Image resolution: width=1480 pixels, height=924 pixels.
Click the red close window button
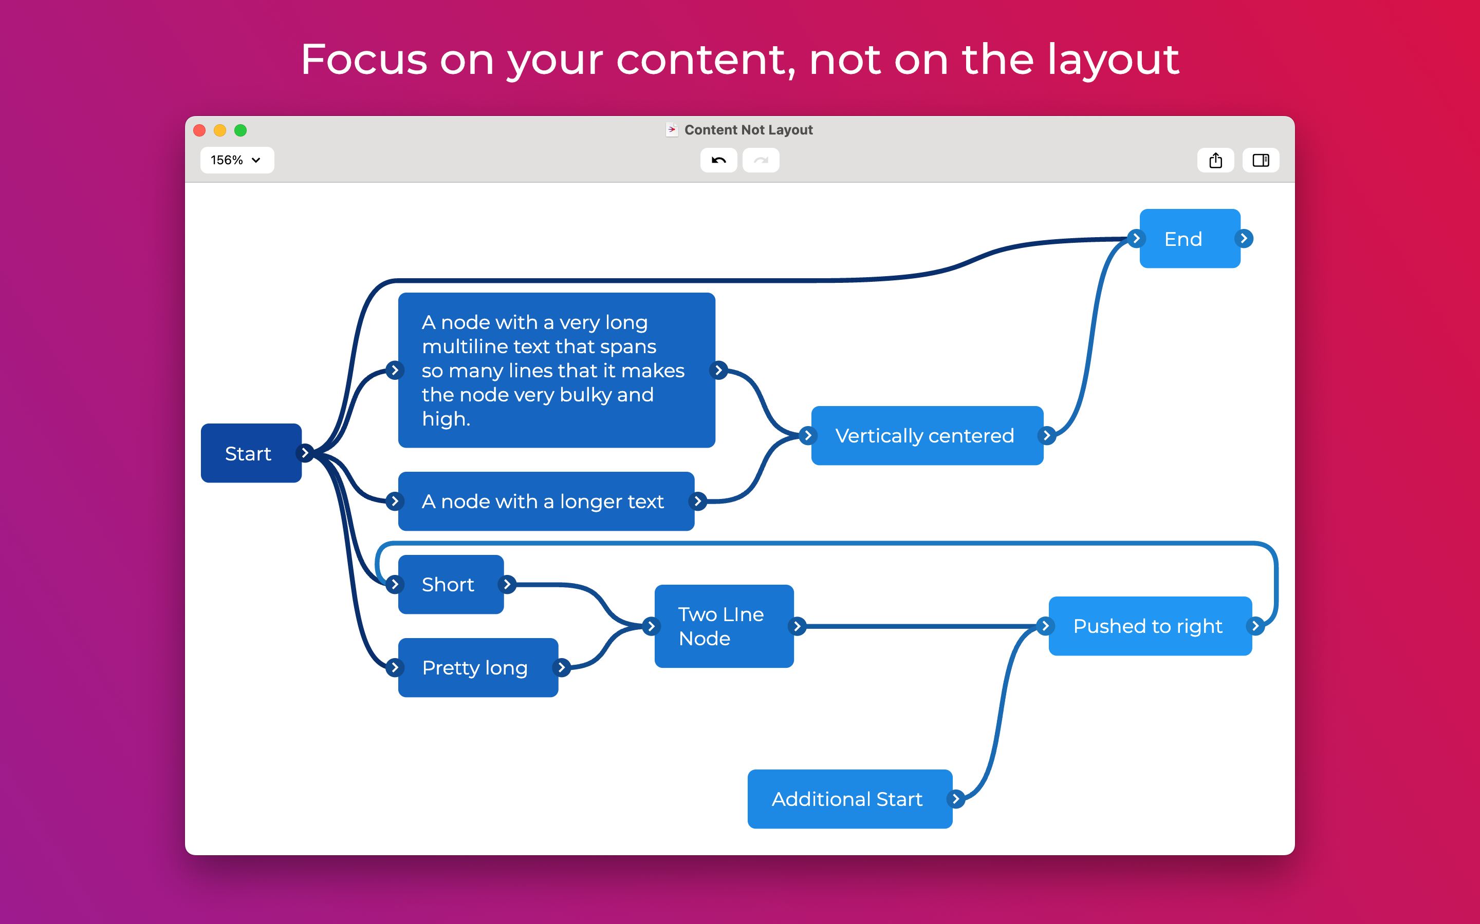point(199,130)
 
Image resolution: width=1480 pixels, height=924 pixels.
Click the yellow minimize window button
point(220,130)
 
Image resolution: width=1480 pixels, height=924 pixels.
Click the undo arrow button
point(718,160)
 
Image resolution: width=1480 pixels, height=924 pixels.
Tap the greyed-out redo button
point(760,160)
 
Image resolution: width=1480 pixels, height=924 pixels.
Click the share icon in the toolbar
point(1215,160)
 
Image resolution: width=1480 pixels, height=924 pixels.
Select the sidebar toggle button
point(1261,160)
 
